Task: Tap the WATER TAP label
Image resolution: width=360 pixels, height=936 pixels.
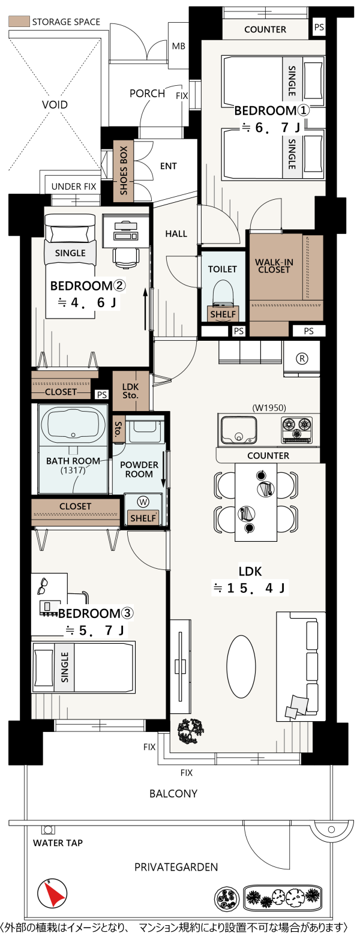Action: point(58,843)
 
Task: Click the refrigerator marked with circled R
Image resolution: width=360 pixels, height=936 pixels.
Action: point(302,358)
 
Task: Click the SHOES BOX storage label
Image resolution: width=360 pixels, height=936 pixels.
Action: point(124,170)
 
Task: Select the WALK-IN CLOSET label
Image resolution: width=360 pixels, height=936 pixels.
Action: point(274,266)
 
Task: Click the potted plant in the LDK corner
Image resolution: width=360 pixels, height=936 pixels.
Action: point(191,730)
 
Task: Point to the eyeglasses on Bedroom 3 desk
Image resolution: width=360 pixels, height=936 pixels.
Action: point(43,586)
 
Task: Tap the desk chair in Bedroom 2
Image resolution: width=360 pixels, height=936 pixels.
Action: point(127,256)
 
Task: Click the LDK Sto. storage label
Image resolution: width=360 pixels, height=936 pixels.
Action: point(131,391)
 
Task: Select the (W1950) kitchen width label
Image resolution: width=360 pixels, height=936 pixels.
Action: point(269,407)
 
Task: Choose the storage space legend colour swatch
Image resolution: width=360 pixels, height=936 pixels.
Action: point(19,22)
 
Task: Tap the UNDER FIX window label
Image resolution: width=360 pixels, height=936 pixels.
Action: point(74,187)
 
